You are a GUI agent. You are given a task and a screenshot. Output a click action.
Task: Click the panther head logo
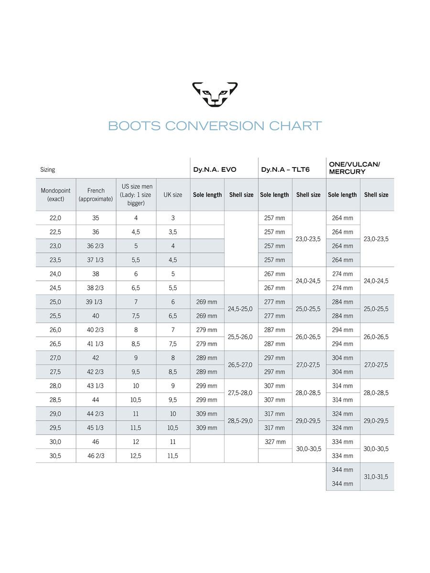point(215,94)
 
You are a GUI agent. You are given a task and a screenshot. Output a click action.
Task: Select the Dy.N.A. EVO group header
point(215,170)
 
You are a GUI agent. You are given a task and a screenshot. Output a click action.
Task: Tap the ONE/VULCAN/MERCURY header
point(355,168)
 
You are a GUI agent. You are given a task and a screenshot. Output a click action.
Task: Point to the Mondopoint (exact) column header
point(55,195)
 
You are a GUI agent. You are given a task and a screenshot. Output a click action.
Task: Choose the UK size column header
point(173,195)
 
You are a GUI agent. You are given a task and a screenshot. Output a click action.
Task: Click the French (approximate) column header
point(96,195)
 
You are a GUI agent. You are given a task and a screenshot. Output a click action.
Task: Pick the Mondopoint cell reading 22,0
point(55,218)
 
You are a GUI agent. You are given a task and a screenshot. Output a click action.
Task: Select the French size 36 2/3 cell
point(96,246)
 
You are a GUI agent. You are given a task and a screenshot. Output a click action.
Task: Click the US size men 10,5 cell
point(136,400)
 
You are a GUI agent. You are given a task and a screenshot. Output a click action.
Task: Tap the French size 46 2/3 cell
point(96,456)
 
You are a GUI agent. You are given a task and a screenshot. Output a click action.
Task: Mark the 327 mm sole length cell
point(275,442)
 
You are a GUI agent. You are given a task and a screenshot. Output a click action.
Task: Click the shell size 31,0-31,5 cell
point(376,477)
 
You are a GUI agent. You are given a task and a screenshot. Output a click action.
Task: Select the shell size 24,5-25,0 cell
point(240,309)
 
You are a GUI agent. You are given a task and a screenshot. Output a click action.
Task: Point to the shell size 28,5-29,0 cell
point(240,421)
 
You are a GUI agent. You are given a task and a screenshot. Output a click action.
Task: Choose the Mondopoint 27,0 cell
point(55,358)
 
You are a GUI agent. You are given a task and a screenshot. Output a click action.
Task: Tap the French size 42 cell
point(96,358)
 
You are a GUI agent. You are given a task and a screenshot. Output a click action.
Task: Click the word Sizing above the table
point(48,170)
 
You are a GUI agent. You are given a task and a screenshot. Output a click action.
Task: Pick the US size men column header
point(136,195)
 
